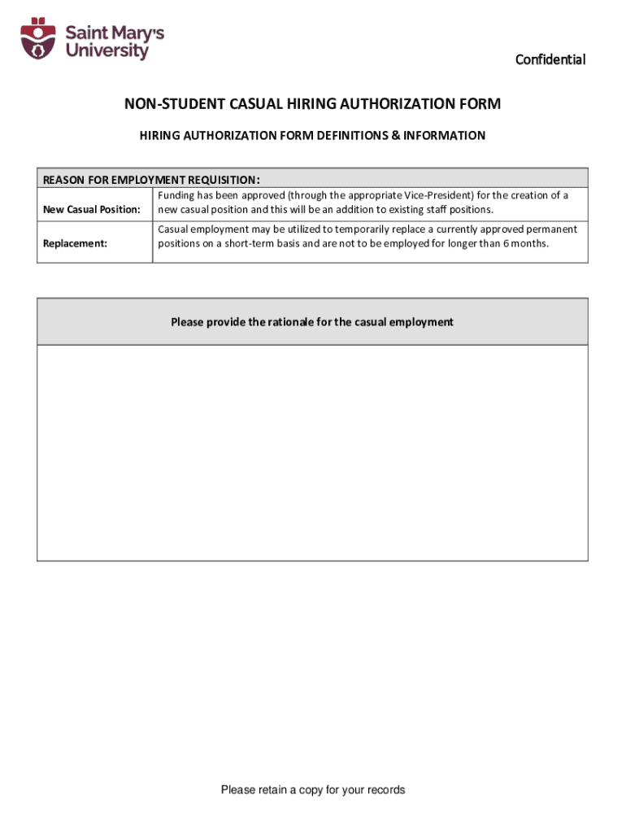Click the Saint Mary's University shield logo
[37, 40]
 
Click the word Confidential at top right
[550, 59]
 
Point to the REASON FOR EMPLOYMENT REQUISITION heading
[151, 180]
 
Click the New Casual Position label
[91, 210]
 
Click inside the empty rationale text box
[312, 452]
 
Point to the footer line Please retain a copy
[312, 790]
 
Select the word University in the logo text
[107, 51]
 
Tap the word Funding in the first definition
[176, 196]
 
